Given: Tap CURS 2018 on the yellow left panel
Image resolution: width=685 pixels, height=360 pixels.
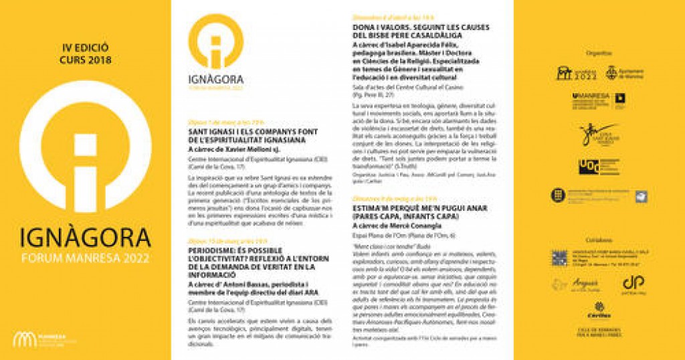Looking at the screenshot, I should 85,60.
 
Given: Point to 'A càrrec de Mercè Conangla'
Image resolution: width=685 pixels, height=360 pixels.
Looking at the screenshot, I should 389,226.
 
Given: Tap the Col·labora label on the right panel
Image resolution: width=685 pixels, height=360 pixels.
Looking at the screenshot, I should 597,240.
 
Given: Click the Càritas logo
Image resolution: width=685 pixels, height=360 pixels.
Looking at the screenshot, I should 597,311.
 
